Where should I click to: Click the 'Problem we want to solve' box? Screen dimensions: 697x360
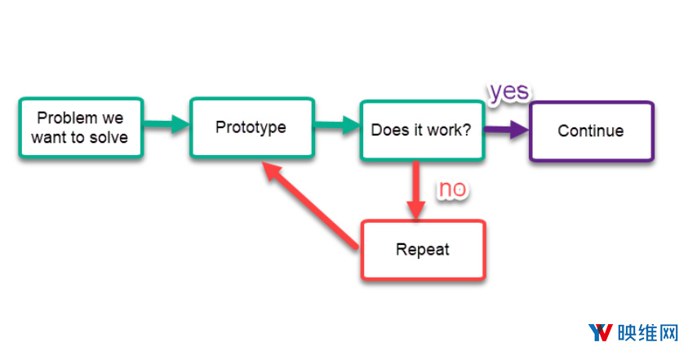[81, 128]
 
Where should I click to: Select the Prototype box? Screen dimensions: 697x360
[252, 128]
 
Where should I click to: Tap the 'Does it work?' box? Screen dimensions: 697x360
[422, 131]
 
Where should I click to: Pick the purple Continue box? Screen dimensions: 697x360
[592, 131]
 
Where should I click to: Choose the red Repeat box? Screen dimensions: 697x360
[423, 250]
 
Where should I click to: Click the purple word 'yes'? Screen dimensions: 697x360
[509, 91]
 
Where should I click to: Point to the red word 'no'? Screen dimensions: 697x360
[452, 189]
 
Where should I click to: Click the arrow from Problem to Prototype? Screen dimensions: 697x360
[166, 124]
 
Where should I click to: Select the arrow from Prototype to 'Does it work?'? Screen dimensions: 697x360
[337, 124]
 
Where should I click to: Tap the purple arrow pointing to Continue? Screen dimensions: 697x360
[507, 129]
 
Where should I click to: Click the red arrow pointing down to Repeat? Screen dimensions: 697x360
[416, 190]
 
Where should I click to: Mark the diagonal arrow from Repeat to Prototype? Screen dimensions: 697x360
[311, 205]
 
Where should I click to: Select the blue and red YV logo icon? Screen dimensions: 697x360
[601, 332]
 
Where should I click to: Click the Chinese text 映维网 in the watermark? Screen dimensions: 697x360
[648, 333]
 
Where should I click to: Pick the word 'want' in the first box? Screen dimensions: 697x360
[49, 137]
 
